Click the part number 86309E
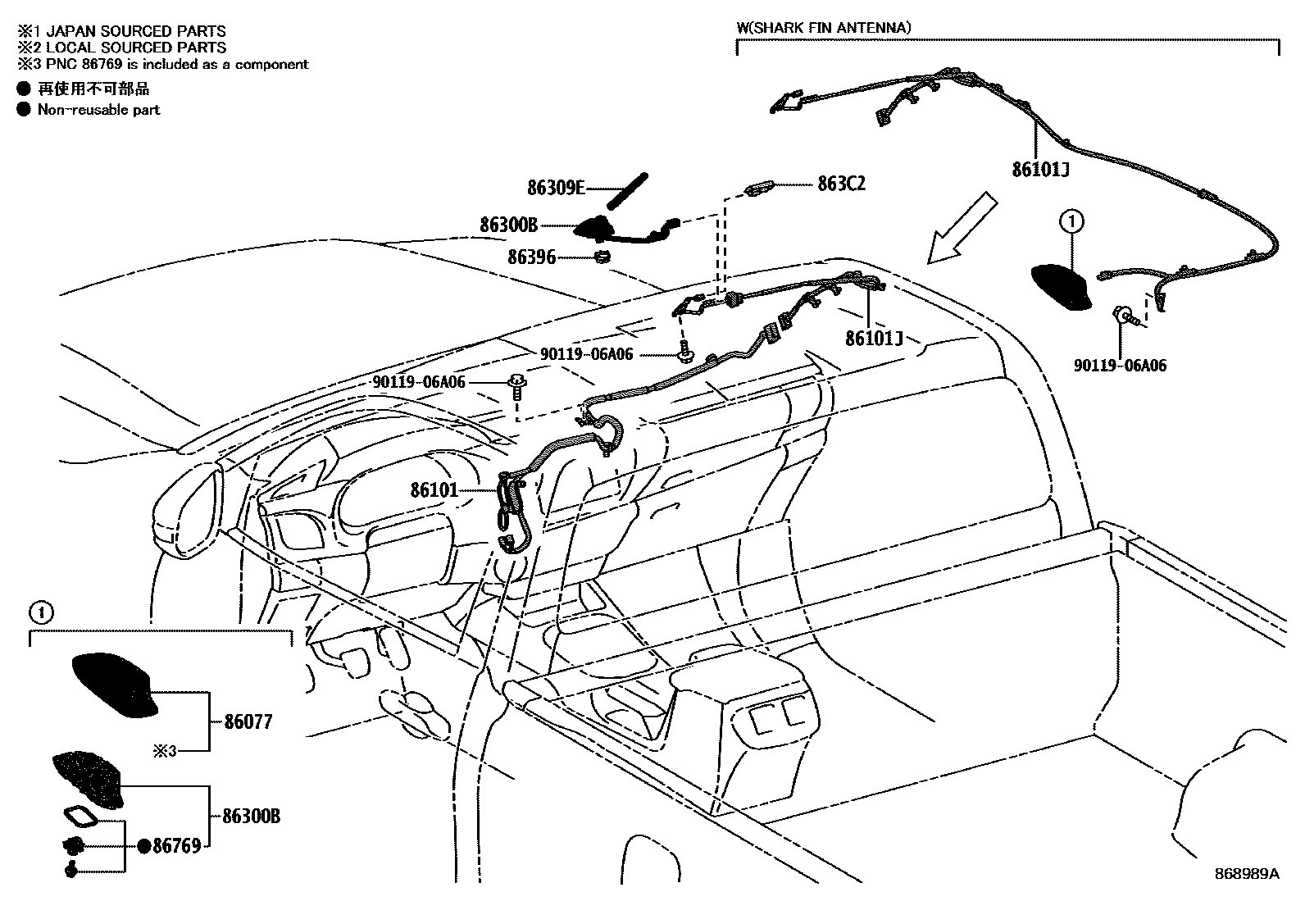tap(555, 188)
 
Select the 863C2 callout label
tap(841, 184)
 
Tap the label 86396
tap(531, 257)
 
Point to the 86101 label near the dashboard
tap(434, 490)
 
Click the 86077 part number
tap(248, 722)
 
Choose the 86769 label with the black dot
tap(176, 846)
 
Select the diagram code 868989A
tap(1247, 874)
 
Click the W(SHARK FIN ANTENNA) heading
tap(823, 28)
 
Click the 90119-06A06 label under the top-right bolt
tap(1120, 366)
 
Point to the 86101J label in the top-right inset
tap(1040, 170)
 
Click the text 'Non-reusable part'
tap(98, 109)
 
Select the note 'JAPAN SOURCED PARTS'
tap(131, 31)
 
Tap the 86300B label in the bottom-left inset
tap(252, 817)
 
